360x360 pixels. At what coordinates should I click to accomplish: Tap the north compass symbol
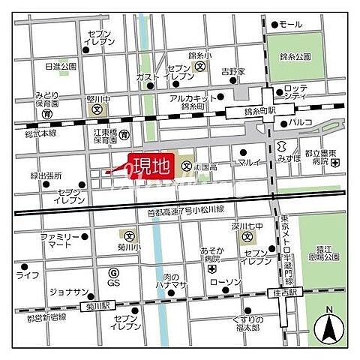click(329, 328)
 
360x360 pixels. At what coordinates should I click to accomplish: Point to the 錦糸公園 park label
click(295, 55)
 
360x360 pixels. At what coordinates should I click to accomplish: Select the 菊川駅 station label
click(97, 305)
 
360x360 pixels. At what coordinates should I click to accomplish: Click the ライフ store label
click(28, 276)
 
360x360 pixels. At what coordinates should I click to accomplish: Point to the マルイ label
click(248, 162)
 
